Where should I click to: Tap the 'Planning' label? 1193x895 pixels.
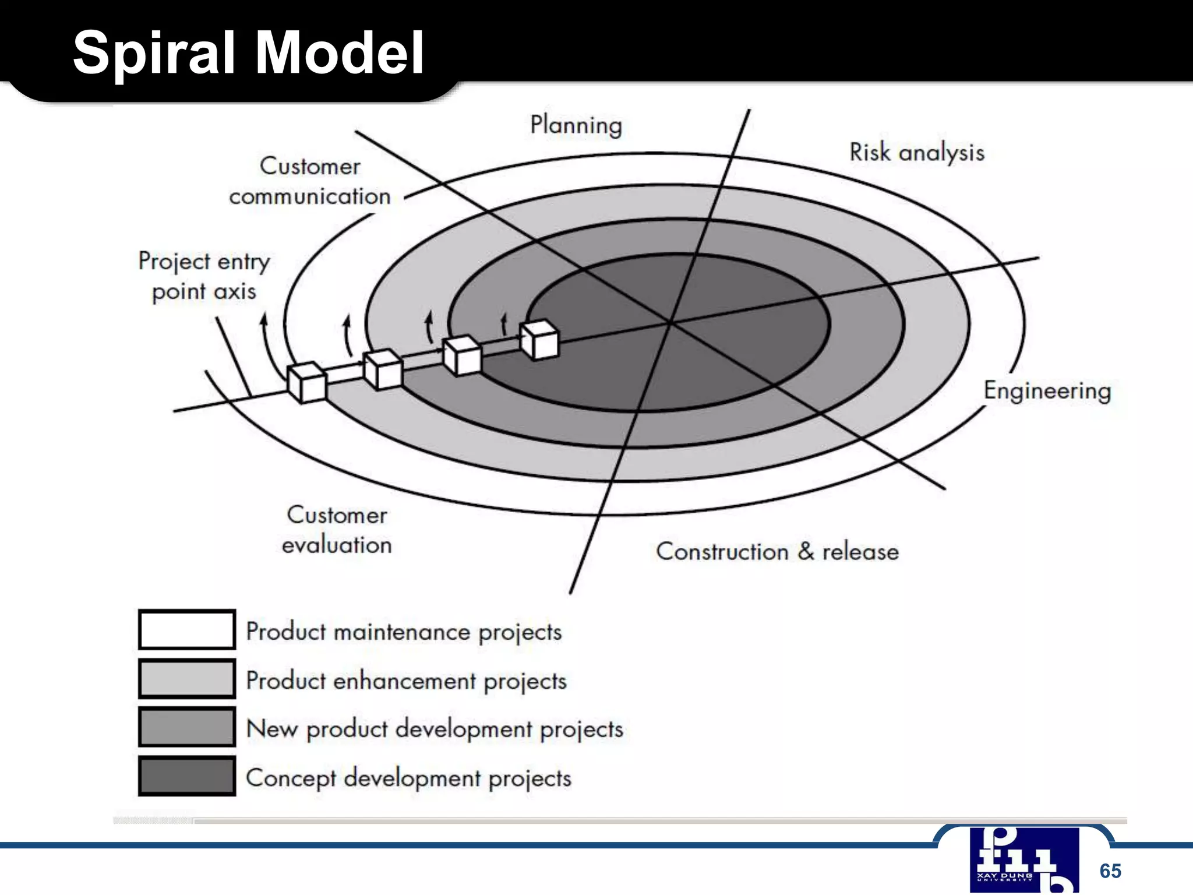click(x=576, y=125)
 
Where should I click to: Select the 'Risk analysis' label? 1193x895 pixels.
click(x=917, y=153)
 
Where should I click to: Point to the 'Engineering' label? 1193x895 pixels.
click(x=1047, y=390)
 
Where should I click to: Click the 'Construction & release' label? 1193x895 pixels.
click(x=777, y=551)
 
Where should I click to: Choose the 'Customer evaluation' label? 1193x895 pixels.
click(x=337, y=530)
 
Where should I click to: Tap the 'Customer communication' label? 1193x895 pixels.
click(x=310, y=181)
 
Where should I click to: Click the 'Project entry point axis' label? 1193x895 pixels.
click(x=204, y=276)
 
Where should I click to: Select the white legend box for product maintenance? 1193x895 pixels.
click(x=187, y=629)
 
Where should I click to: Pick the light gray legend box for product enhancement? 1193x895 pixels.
click(x=187, y=679)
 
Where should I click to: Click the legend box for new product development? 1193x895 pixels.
click(x=187, y=727)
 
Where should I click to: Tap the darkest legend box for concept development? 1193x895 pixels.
click(x=187, y=776)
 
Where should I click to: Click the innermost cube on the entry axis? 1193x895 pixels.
click(x=539, y=340)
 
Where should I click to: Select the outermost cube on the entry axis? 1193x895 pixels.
click(x=307, y=382)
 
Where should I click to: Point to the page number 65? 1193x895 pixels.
click(x=1110, y=871)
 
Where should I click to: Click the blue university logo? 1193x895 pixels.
click(x=1024, y=860)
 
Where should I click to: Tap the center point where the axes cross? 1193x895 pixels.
click(x=670, y=322)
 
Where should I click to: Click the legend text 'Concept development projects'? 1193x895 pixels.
click(x=408, y=778)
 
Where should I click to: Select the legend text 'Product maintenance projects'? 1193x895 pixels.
click(x=404, y=632)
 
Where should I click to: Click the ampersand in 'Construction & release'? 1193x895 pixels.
click(x=806, y=551)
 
